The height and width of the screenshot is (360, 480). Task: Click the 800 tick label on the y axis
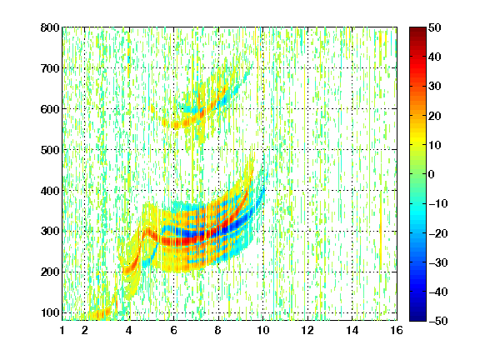click(50, 27)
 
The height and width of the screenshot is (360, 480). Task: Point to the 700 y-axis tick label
click(50, 68)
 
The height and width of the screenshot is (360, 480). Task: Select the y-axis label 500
click(50, 150)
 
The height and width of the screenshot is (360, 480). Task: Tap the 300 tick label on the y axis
click(50, 231)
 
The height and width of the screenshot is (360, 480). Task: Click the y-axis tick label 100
click(50, 312)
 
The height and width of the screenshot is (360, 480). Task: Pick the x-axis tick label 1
click(62, 330)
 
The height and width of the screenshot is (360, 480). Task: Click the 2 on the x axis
click(85, 330)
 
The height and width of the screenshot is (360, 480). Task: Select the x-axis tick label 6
click(174, 330)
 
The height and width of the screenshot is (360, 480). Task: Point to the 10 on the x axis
click(263, 330)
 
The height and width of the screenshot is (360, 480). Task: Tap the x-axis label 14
click(352, 330)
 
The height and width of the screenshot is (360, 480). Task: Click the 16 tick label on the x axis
click(397, 330)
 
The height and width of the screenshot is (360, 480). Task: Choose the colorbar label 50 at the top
click(435, 27)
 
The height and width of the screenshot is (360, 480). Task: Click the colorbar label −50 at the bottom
click(438, 321)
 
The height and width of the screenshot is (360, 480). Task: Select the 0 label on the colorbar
click(432, 174)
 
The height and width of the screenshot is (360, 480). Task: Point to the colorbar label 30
click(435, 87)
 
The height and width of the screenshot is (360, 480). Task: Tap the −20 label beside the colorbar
click(438, 233)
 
